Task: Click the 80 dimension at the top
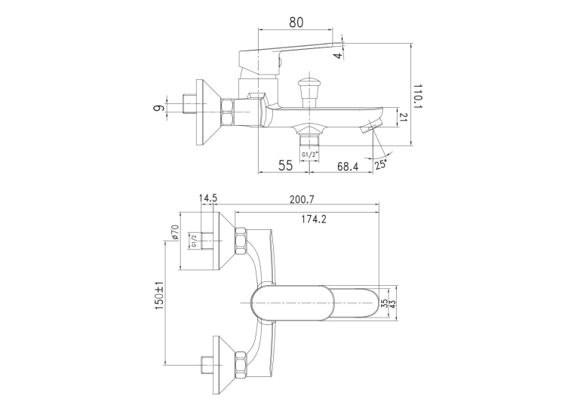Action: (x=296, y=22)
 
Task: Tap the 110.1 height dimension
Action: (x=417, y=97)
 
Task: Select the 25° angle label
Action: (x=381, y=164)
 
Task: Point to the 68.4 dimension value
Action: (x=348, y=167)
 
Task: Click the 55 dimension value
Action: (x=286, y=166)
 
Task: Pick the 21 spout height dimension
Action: (x=404, y=117)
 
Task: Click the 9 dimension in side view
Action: (x=158, y=108)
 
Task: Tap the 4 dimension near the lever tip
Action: (x=338, y=56)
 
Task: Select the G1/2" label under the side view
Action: (x=309, y=155)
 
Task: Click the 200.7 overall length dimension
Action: (x=302, y=199)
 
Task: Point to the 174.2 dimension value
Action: (x=314, y=219)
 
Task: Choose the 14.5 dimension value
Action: (x=208, y=198)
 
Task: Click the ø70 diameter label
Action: (x=175, y=232)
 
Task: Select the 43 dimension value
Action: (x=392, y=304)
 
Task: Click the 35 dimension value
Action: (x=384, y=304)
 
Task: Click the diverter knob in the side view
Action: (x=309, y=91)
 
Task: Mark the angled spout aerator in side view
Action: (x=371, y=125)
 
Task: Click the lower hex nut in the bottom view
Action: (x=241, y=365)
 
